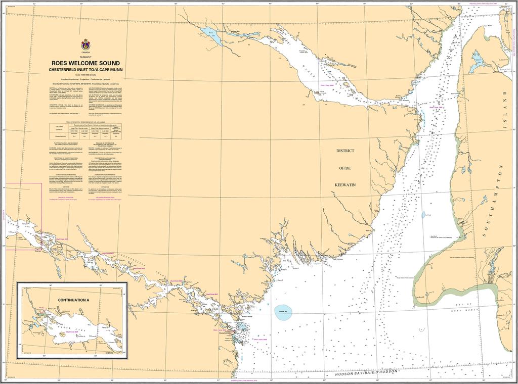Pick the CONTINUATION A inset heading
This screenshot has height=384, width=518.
[x=73, y=300]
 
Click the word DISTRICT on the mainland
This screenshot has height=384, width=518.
[x=346, y=151]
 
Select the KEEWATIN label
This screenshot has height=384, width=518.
[x=346, y=185]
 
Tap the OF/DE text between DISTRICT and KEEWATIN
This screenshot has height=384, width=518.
[x=346, y=168]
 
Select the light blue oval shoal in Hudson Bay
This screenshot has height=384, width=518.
[x=283, y=310]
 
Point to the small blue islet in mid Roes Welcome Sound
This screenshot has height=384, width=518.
[x=423, y=215]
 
